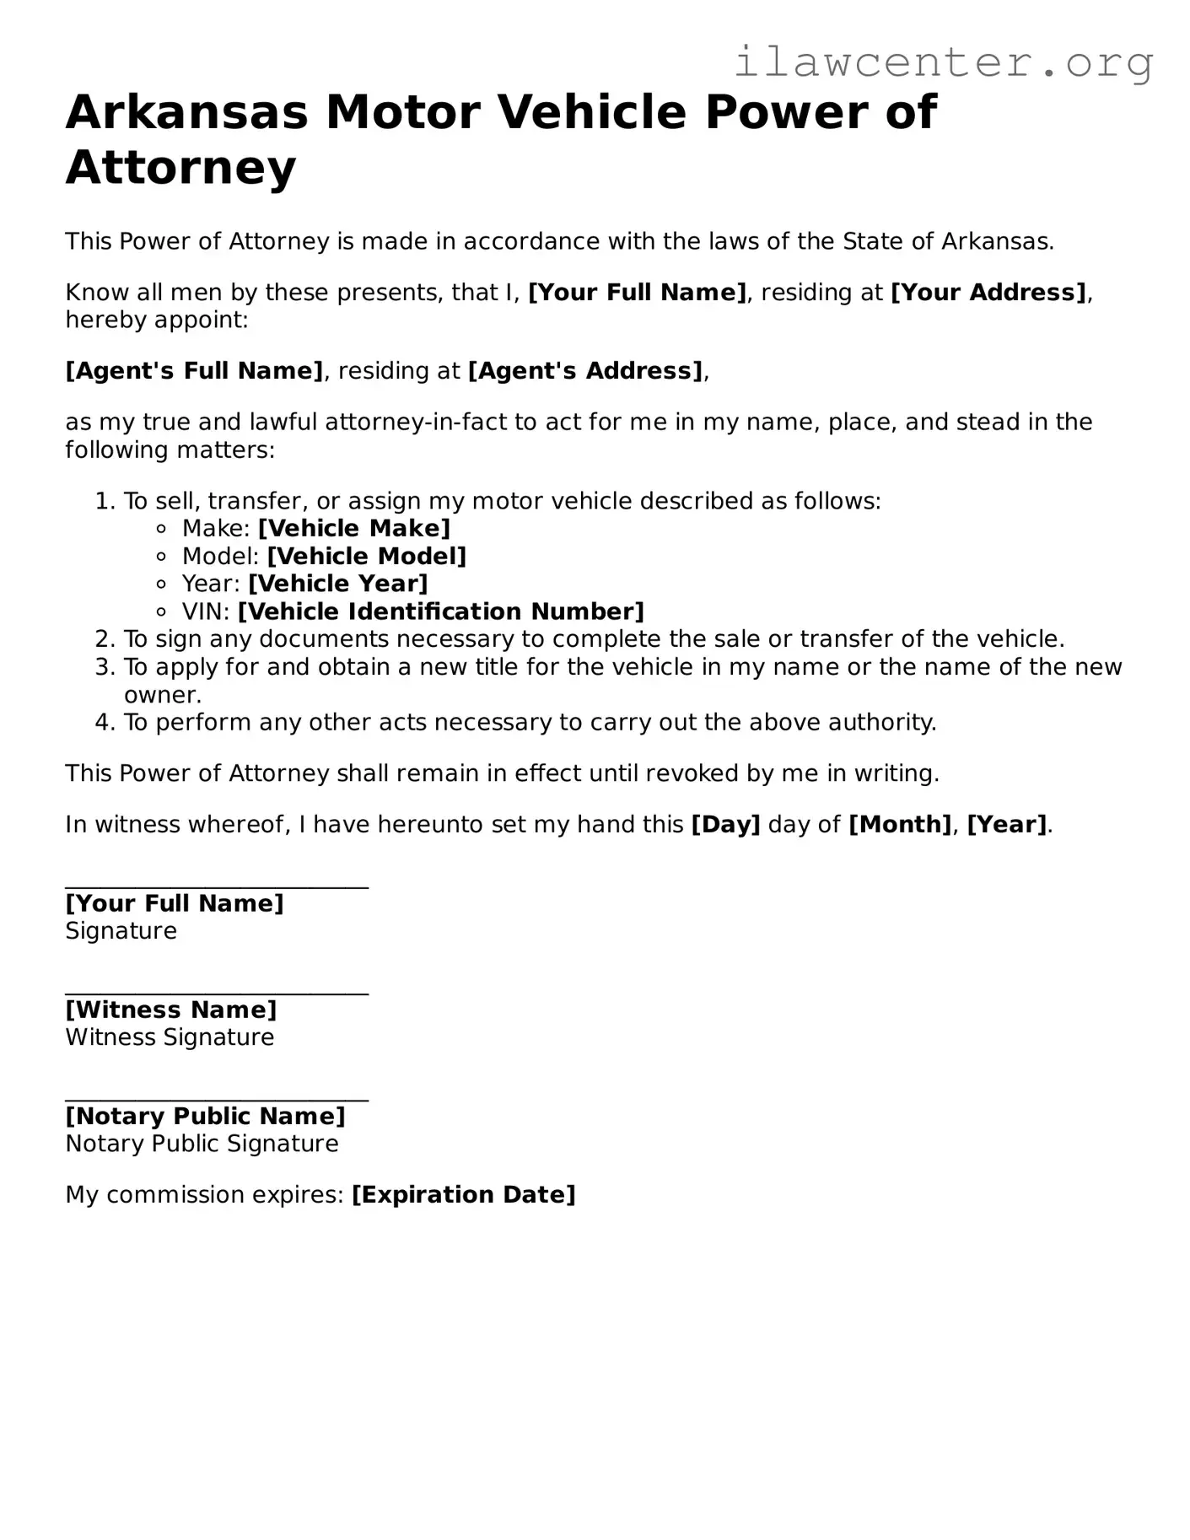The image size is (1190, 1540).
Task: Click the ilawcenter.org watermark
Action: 943,62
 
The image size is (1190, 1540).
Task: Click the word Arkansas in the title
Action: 187,112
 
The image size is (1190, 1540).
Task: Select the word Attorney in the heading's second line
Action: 180,167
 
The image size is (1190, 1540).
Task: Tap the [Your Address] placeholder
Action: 988,293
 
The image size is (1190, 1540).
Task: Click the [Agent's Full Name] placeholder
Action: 194,371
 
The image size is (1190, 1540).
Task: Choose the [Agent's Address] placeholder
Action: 585,371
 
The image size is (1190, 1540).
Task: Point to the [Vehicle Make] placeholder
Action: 353,529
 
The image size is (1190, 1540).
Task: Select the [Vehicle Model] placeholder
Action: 366,557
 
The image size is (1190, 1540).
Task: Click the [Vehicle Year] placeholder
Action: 337,584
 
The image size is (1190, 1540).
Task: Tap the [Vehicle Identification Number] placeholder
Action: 440,611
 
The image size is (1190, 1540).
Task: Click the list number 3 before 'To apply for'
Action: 104,667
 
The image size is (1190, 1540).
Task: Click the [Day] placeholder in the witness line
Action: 725,825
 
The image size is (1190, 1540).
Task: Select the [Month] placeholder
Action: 899,825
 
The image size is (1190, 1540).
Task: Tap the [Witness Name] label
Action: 170,1010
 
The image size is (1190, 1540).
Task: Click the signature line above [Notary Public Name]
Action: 217,1101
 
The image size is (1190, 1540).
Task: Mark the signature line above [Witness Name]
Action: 217,994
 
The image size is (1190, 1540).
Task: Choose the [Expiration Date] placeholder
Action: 463,1195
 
